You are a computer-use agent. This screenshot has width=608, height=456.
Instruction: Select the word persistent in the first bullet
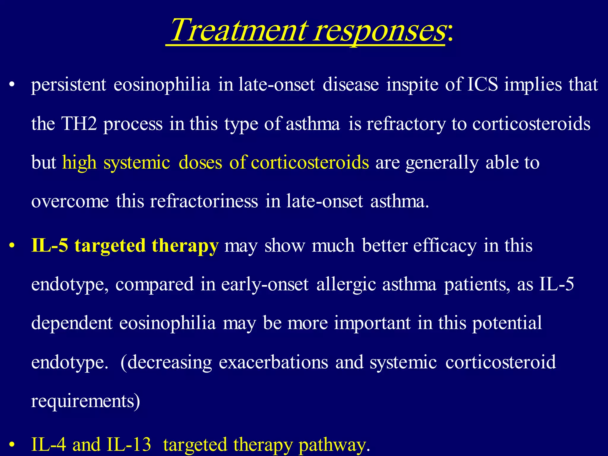[69, 85]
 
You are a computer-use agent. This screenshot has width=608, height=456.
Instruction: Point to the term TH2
[79, 123]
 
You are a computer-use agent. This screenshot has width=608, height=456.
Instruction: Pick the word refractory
[406, 124]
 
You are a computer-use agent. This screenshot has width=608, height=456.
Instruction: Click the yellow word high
[79, 163]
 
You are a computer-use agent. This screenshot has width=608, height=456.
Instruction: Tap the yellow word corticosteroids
[310, 162]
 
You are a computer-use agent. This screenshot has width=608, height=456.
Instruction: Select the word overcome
[70, 202]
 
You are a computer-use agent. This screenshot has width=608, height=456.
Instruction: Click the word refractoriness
[204, 202]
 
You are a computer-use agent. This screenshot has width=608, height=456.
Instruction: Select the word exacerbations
[273, 362]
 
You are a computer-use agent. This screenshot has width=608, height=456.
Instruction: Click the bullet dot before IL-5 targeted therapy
[12, 246]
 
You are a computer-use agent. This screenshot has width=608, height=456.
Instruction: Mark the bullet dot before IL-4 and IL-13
[12, 445]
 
